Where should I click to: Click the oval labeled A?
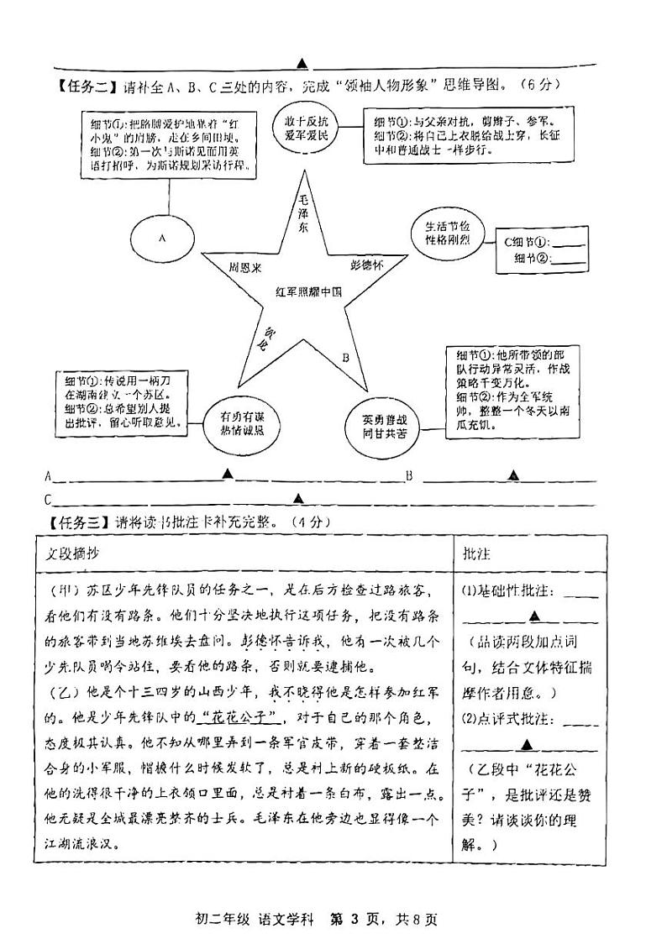[163, 238]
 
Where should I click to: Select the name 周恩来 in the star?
[245, 266]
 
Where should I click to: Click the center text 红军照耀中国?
[309, 291]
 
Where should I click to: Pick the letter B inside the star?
[345, 356]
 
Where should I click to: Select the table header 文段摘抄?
[74, 555]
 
